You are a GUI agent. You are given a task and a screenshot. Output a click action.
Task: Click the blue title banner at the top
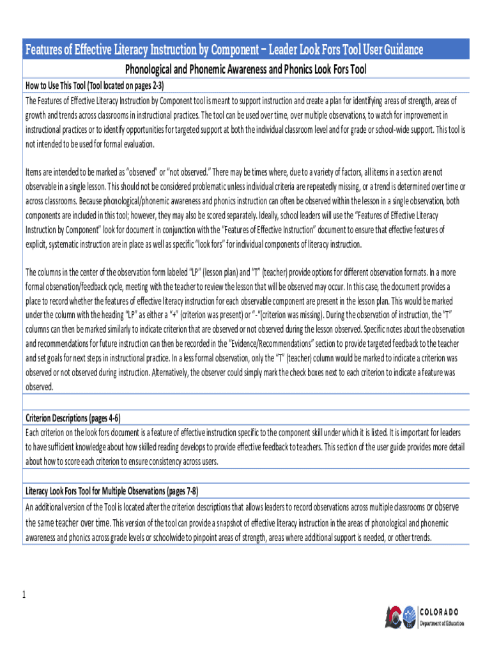tap(245, 50)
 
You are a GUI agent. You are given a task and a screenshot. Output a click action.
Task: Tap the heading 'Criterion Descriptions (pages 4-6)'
tap(72, 418)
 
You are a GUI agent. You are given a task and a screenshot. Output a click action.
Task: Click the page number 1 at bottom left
tap(24, 596)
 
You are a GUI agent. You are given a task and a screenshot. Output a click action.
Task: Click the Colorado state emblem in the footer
tap(399, 617)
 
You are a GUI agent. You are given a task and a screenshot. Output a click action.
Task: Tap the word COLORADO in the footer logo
tap(439, 612)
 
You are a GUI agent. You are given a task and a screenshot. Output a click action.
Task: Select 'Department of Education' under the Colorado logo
tap(442, 623)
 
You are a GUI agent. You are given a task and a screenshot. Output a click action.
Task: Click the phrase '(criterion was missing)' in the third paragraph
tap(284, 314)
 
